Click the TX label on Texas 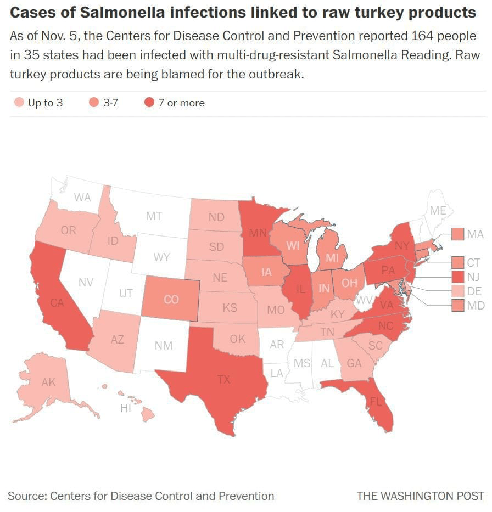coord(223,380)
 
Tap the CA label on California coord(58,302)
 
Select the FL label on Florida coord(376,401)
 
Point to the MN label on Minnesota coord(258,233)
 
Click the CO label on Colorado coord(171,300)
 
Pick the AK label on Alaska coord(49,382)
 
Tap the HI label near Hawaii coord(126,408)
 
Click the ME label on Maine coord(438,210)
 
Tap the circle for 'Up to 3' coord(19,103)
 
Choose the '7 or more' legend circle coord(149,103)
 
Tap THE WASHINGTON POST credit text coord(421,496)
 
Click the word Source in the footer coord(26,496)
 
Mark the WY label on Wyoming coord(161,257)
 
